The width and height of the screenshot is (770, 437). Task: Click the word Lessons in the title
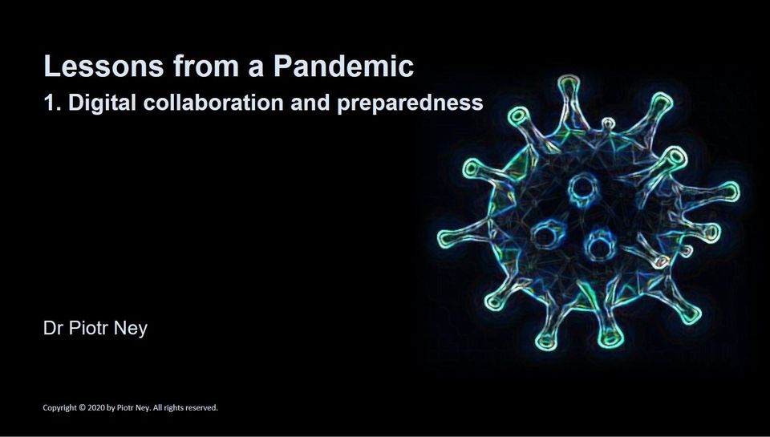click(103, 66)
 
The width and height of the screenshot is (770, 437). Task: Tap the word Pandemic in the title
click(344, 66)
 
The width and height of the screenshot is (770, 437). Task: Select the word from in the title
click(206, 66)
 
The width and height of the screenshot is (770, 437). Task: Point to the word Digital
click(102, 104)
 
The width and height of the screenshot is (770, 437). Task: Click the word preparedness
click(410, 104)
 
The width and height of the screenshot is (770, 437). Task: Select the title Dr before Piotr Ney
click(53, 328)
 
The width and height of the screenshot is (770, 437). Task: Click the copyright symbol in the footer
click(83, 407)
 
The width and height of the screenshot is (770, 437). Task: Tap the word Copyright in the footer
click(60, 408)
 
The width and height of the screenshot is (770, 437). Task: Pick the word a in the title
click(257, 69)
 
